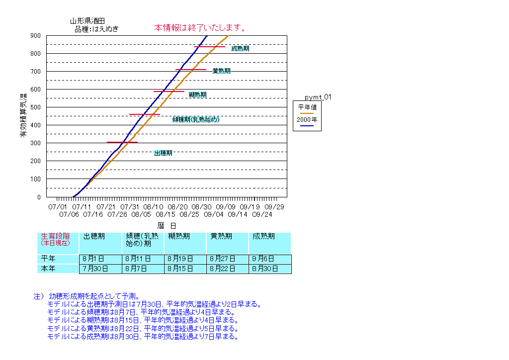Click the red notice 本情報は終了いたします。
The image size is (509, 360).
pos(201,27)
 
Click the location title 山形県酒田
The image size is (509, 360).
pos(87,21)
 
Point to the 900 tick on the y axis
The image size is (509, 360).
pos(35,36)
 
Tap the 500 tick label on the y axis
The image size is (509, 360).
pos(35,107)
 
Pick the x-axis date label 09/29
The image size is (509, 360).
pos(274,206)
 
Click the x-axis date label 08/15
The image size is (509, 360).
pos(165,214)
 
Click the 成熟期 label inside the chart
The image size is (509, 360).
pos(240,49)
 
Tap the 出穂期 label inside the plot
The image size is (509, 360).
pos(163,153)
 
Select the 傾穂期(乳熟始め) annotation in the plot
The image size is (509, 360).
pos(196,119)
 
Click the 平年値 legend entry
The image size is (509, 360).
pos(307,106)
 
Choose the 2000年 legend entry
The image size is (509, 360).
pos(307,120)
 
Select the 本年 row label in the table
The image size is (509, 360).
pos(48,269)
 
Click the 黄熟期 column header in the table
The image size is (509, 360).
pos(221,237)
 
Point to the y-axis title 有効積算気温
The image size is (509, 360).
pos(23,115)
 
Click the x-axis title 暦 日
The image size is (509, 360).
pos(170,225)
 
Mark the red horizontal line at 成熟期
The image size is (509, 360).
pos(209,47)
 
